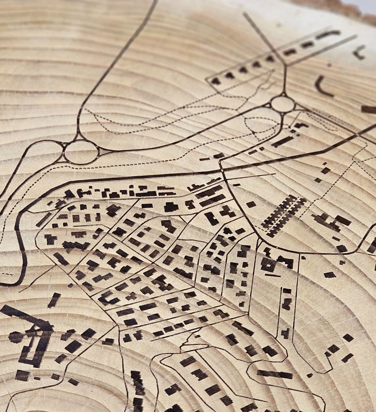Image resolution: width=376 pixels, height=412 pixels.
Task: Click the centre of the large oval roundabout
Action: tap(81, 152)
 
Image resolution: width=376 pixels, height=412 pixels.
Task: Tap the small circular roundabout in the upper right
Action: tap(282, 104)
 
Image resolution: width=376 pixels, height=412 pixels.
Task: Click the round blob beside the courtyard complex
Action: tap(16, 337)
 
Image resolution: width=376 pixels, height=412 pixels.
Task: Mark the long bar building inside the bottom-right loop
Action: tap(275, 374)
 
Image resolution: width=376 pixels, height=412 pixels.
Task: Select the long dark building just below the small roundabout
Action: tap(282, 141)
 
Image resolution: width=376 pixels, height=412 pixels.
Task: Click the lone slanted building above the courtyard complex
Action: tap(54, 300)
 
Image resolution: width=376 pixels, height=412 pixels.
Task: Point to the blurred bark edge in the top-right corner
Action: tap(343, 7)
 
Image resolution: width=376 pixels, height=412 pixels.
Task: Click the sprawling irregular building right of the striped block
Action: tap(333, 222)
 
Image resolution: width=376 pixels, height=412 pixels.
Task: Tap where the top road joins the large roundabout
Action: tap(78, 139)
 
